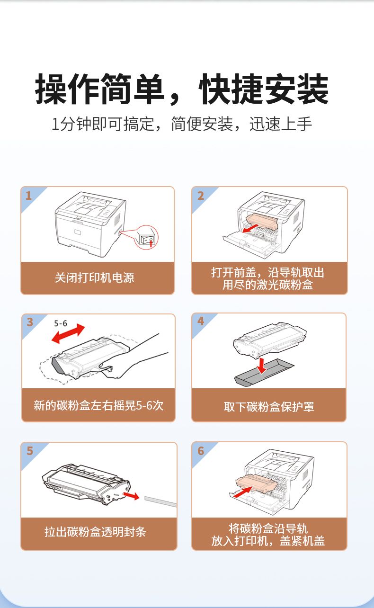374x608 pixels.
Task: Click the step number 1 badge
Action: click(x=28, y=196)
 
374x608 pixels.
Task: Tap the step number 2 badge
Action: click(x=201, y=196)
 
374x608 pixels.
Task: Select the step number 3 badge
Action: click(x=30, y=322)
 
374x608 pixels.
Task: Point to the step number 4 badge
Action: click(x=201, y=321)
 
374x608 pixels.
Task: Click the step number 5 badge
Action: click(x=30, y=451)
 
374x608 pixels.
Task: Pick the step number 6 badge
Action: click(x=201, y=451)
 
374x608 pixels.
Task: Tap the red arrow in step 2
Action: click(x=250, y=229)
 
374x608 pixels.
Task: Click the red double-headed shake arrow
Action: click(x=68, y=333)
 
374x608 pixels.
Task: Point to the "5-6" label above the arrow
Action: click(x=61, y=323)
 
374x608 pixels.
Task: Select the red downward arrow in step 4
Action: click(x=261, y=366)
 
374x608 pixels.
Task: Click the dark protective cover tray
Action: click(x=264, y=372)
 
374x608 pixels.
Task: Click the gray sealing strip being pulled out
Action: click(x=160, y=501)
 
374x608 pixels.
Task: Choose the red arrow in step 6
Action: click(x=243, y=492)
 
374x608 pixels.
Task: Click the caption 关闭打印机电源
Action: click(x=95, y=277)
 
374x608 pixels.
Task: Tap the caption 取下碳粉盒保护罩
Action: click(x=269, y=407)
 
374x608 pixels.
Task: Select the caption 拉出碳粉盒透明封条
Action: click(x=95, y=531)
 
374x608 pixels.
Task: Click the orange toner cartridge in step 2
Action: click(x=262, y=221)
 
